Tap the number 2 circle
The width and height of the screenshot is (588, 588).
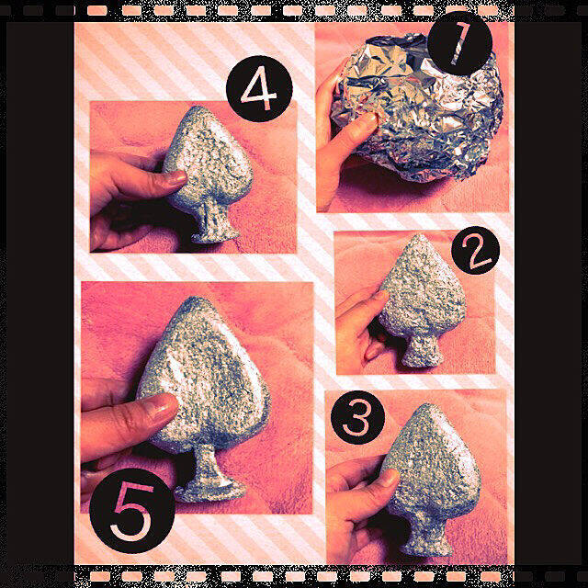coord(475,250)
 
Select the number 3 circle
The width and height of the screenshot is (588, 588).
coord(357,417)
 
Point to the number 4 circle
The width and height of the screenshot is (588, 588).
coord(259,88)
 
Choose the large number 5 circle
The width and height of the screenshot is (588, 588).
coord(132,511)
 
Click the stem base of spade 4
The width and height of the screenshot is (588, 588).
coord(215,236)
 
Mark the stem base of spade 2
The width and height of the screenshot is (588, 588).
coord(421,360)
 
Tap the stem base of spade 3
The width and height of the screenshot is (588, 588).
coord(429,548)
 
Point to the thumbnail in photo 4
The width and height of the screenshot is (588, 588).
coord(175,178)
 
